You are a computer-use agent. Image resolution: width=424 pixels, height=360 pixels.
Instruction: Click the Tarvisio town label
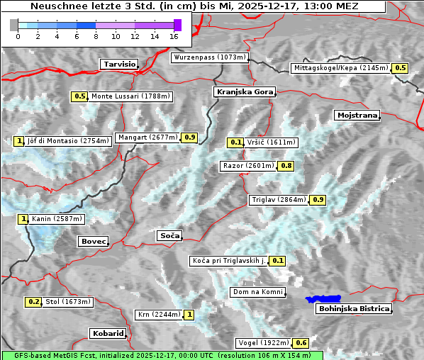pyautogui.click(x=118, y=64)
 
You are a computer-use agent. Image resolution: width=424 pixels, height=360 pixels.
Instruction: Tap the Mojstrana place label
pyautogui.click(x=357, y=115)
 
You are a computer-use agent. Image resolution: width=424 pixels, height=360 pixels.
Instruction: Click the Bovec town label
pyautogui.click(x=92, y=242)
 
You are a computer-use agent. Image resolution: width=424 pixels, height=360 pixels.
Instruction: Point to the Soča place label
pyautogui.click(x=169, y=235)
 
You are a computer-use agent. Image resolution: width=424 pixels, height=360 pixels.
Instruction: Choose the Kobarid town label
pyautogui.click(x=108, y=333)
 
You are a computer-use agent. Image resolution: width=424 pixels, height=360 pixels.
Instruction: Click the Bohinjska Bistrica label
pyautogui.click(x=354, y=308)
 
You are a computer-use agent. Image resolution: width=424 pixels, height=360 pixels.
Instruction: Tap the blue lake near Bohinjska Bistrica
pyautogui.click(x=323, y=300)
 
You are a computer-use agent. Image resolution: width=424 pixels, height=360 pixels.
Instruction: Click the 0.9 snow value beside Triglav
pyautogui.click(x=318, y=200)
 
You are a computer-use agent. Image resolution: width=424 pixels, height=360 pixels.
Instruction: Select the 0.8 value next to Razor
pyautogui.click(x=286, y=166)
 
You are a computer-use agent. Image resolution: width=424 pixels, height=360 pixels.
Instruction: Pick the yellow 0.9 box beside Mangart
pyautogui.click(x=189, y=137)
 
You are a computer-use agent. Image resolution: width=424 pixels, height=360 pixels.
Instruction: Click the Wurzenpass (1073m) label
pyautogui.click(x=210, y=57)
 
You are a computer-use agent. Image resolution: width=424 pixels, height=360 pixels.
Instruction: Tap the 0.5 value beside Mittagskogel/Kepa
pyautogui.click(x=401, y=68)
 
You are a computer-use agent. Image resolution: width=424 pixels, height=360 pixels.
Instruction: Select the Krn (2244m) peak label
pyautogui.click(x=158, y=315)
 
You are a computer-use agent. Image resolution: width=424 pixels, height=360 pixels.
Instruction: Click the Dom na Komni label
pyautogui.click(x=257, y=292)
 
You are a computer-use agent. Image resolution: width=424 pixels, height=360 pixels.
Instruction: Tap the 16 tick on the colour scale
pyautogui.click(x=174, y=35)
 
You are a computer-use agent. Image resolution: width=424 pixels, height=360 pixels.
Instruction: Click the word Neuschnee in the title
pyautogui.click(x=54, y=6)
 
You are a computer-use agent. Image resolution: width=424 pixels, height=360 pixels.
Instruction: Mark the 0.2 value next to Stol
pyautogui.click(x=34, y=302)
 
